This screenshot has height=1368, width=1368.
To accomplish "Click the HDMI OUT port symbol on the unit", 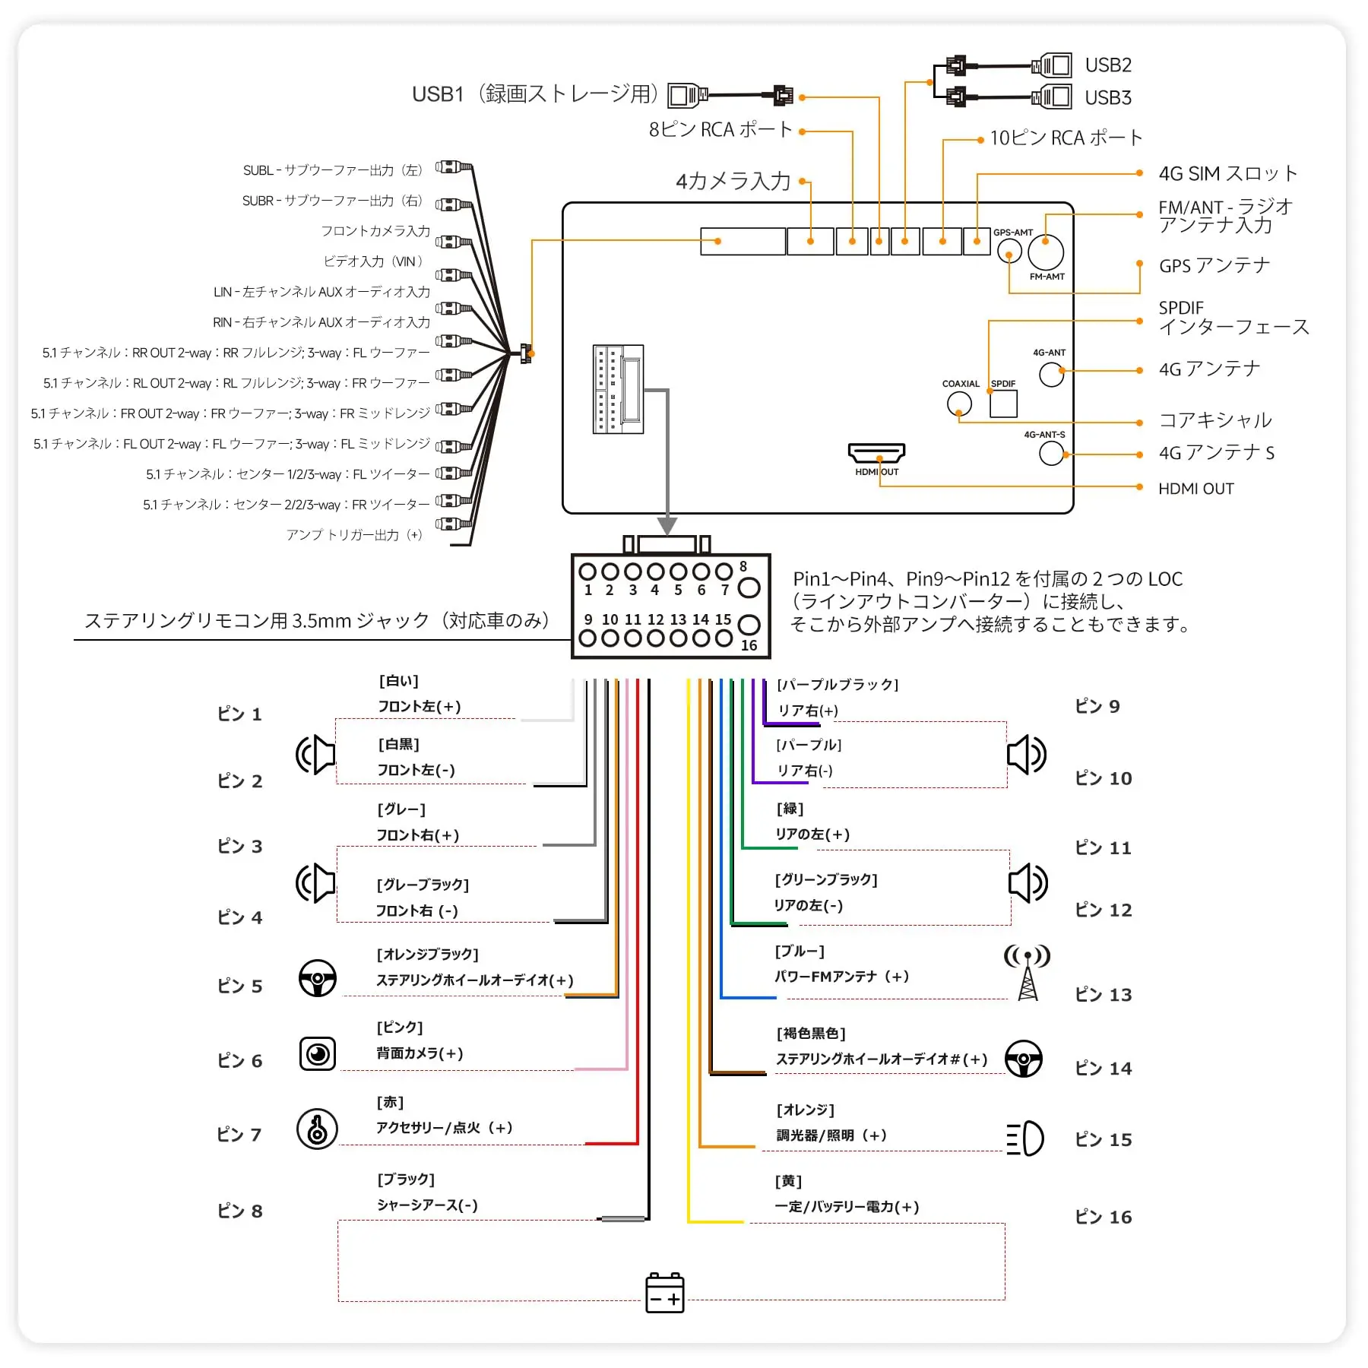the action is click(876, 453).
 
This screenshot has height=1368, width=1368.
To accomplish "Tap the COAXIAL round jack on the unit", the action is click(959, 404).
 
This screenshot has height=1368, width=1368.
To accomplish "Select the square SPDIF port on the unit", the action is click(1003, 404).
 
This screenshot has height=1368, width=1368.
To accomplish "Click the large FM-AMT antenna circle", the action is click(1046, 252).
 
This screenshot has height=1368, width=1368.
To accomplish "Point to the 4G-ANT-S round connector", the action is click(1051, 453).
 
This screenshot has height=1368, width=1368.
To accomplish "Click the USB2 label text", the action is click(1108, 65).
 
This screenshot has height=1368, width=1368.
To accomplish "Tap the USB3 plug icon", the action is click(1052, 97).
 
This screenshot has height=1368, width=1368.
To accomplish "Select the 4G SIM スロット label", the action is click(1227, 174).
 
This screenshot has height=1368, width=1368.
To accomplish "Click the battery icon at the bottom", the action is click(665, 1293).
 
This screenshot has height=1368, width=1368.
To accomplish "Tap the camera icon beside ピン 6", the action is click(318, 1054).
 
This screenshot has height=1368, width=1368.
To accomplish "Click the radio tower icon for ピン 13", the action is click(1028, 972).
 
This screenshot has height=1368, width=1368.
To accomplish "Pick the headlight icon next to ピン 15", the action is click(1024, 1138).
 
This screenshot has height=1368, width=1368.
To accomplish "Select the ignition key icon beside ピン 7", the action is click(317, 1129).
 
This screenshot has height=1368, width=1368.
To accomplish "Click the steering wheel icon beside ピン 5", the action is click(318, 978).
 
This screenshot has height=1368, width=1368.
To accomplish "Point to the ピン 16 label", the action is click(1104, 1217).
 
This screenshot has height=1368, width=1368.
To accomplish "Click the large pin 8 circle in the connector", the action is click(749, 587).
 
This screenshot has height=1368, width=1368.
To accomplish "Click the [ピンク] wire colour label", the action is click(400, 1028).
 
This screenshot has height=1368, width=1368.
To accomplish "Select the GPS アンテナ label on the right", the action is click(1214, 266).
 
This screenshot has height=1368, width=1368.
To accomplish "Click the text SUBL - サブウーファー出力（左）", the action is click(333, 170).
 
